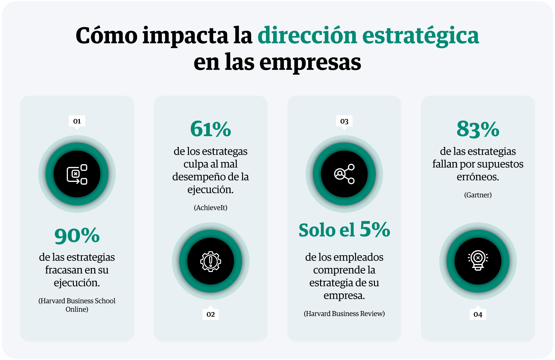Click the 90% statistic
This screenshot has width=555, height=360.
coord(77,236)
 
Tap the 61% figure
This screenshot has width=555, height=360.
coord(210,129)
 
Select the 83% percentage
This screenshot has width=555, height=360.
coord(478,129)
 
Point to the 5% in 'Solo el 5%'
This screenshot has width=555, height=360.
coord(375,229)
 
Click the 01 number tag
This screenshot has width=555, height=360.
coord(77,121)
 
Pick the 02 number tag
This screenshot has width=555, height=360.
coord(210,314)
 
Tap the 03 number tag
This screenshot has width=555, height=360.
coord(344,121)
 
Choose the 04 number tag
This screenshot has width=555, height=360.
coord(478,315)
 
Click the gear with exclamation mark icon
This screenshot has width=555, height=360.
coord(210,261)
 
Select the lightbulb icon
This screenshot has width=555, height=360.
coord(478,260)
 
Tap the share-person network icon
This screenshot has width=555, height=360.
coord(344,174)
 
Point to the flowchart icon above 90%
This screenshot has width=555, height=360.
coord(77,174)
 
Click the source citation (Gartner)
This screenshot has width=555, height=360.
coord(478,195)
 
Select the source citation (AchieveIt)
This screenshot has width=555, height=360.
coord(210,208)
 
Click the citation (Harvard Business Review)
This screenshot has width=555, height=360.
coord(344,314)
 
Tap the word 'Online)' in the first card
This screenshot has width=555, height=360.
coord(77,309)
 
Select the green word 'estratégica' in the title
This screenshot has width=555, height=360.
coord(420,36)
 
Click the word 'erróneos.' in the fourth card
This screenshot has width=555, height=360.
coord(478,177)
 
